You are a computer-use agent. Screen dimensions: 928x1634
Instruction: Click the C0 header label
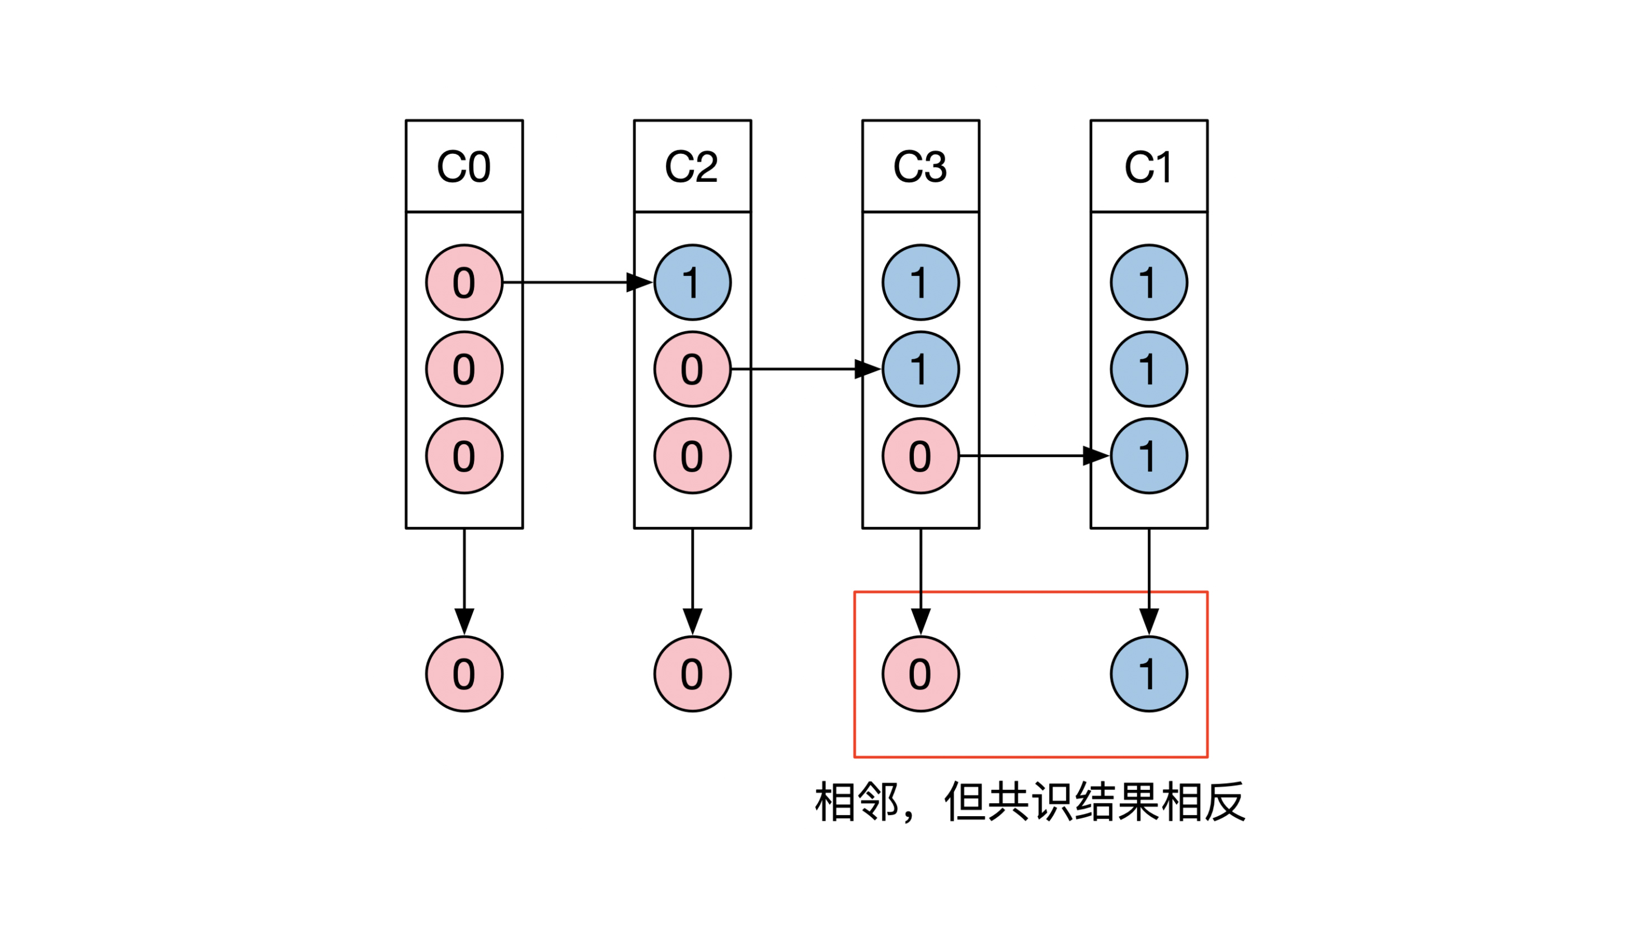pyautogui.click(x=463, y=167)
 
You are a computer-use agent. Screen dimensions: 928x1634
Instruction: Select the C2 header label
pyautogui.click(x=692, y=167)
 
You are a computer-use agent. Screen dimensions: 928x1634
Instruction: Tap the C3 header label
pyautogui.click(x=920, y=167)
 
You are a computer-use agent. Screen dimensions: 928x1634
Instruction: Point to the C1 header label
pyautogui.click(x=1148, y=167)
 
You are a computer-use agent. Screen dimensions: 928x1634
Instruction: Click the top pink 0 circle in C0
pyautogui.click(x=464, y=282)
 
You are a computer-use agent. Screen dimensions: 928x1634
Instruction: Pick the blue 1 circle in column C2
pyautogui.click(x=692, y=282)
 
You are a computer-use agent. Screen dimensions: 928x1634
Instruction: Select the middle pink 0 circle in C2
pyautogui.click(x=692, y=369)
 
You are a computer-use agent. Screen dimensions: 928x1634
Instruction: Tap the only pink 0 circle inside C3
pyautogui.click(x=921, y=456)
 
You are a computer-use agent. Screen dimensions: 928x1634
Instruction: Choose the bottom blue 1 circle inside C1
pyautogui.click(x=1149, y=456)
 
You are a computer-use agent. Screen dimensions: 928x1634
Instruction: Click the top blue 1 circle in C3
pyautogui.click(x=921, y=282)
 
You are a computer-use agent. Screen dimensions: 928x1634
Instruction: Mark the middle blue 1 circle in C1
pyautogui.click(x=1149, y=369)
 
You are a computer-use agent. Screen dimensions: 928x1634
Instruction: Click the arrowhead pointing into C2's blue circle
pyautogui.click(x=640, y=282)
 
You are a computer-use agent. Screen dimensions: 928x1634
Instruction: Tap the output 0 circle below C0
pyautogui.click(x=464, y=673)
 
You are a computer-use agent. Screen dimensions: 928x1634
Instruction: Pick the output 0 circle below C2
pyautogui.click(x=692, y=673)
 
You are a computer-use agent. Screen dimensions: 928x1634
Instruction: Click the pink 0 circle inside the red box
pyautogui.click(x=921, y=673)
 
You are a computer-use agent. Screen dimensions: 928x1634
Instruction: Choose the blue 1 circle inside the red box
pyautogui.click(x=1149, y=673)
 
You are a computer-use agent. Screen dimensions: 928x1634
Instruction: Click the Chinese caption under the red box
pyautogui.click(x=1030, y=802)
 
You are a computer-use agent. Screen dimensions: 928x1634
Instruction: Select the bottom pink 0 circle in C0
pyautogui.click(x=464, y=456)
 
